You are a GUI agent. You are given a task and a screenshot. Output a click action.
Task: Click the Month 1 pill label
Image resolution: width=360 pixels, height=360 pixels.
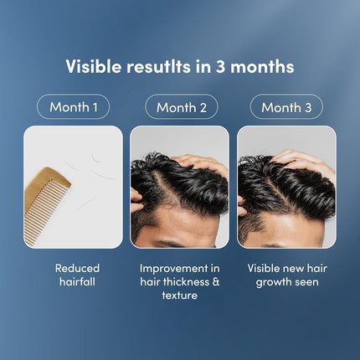coord(74,107)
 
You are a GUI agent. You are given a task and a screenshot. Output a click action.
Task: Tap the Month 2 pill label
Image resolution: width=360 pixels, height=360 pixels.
coord(181,107)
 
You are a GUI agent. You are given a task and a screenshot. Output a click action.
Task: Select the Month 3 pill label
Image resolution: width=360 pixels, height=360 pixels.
coord(287,107)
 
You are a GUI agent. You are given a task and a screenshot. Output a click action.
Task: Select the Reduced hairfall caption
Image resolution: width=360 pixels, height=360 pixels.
coord(77,275)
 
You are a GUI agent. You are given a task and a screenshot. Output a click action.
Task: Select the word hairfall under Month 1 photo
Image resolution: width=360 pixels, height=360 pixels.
coord(77,282)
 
